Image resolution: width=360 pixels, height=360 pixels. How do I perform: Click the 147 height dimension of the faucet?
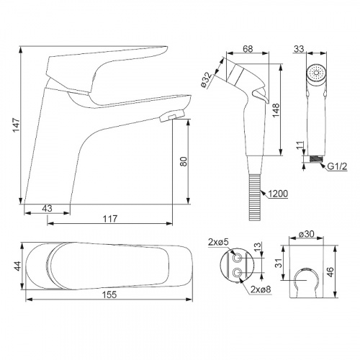coord(16,125)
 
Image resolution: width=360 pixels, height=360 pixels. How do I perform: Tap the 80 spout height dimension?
coord(184,161)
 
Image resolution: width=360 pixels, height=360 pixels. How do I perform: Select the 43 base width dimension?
coord(47,208)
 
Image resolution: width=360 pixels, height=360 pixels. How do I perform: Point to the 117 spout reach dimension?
coord(110,219)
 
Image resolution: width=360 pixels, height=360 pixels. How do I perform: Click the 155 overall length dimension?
coord(109,294)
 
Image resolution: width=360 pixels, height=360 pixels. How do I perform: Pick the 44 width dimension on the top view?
coord(18,266)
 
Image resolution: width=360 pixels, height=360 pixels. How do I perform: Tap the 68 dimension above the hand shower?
coord(248,49)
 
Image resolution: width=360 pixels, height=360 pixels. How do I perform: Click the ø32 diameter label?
coord(206,80)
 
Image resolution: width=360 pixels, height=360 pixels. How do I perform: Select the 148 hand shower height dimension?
coord(276,110)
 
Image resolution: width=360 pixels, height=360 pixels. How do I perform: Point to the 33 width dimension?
coord(299,49)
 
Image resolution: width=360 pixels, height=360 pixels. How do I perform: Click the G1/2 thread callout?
coord(337,166)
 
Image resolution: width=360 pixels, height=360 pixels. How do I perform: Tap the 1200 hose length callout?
coord(277,194)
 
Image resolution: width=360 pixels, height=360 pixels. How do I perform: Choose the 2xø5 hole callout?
coord(218,243)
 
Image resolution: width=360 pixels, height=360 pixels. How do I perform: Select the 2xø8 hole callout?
coord(261,289)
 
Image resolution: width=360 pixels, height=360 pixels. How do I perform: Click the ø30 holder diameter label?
coord(307,233)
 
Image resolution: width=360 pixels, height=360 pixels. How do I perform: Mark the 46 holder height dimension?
coord(330,272)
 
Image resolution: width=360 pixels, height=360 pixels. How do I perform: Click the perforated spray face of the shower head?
coord(316,72)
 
